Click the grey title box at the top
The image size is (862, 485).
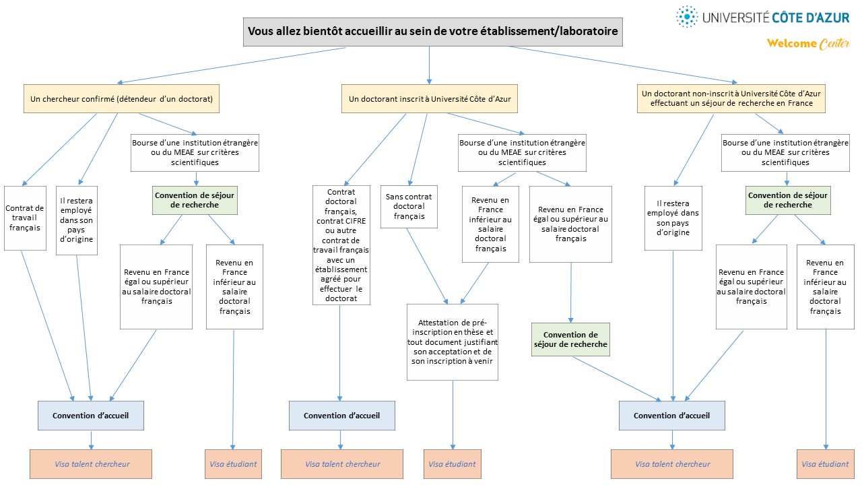click(432, 32)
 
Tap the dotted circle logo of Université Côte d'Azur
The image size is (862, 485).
click(686, 17)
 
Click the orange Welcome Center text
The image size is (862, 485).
click(808, 44)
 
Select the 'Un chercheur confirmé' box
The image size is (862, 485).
click(121, 99)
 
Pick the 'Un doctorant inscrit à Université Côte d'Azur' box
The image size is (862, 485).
click(430, 99)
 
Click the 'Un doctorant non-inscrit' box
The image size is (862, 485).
click(731, 98)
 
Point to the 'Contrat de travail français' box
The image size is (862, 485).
click(25, 218)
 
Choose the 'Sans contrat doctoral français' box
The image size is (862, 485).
click(409, 207)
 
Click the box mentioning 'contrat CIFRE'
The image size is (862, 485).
click(341, 245)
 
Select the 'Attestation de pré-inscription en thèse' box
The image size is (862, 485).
click(453, 342)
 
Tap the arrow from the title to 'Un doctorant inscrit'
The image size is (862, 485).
click(429, 65)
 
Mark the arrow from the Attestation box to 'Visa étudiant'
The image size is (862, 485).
click(453, 415)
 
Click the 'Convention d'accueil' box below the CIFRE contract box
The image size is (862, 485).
click(341, 416)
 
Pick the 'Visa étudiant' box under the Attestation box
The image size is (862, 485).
click(452, 464)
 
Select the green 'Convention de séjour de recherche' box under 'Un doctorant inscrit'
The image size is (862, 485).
click(570, 339)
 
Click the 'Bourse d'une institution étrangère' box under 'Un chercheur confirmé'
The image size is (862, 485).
click(195, 153)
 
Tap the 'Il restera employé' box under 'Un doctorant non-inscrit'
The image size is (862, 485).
click(673, 218)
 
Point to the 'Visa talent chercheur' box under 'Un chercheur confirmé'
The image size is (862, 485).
click(91, 464)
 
